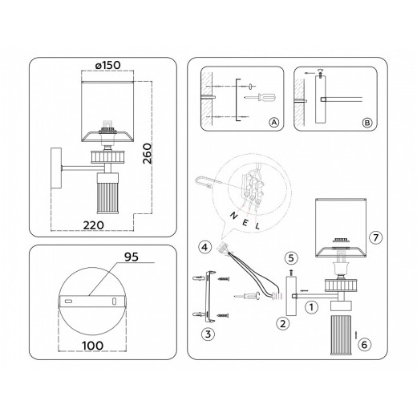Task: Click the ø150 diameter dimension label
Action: (108, 65)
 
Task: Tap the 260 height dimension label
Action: (148, 153)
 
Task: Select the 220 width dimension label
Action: (93, 225)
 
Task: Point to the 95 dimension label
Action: (132, 257)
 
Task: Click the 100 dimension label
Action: (93, 346)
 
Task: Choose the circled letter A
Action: (273, 123)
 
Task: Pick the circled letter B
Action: (367, 123)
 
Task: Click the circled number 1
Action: (311, 307)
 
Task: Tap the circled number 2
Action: (283, 324)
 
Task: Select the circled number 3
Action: (208, 334)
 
